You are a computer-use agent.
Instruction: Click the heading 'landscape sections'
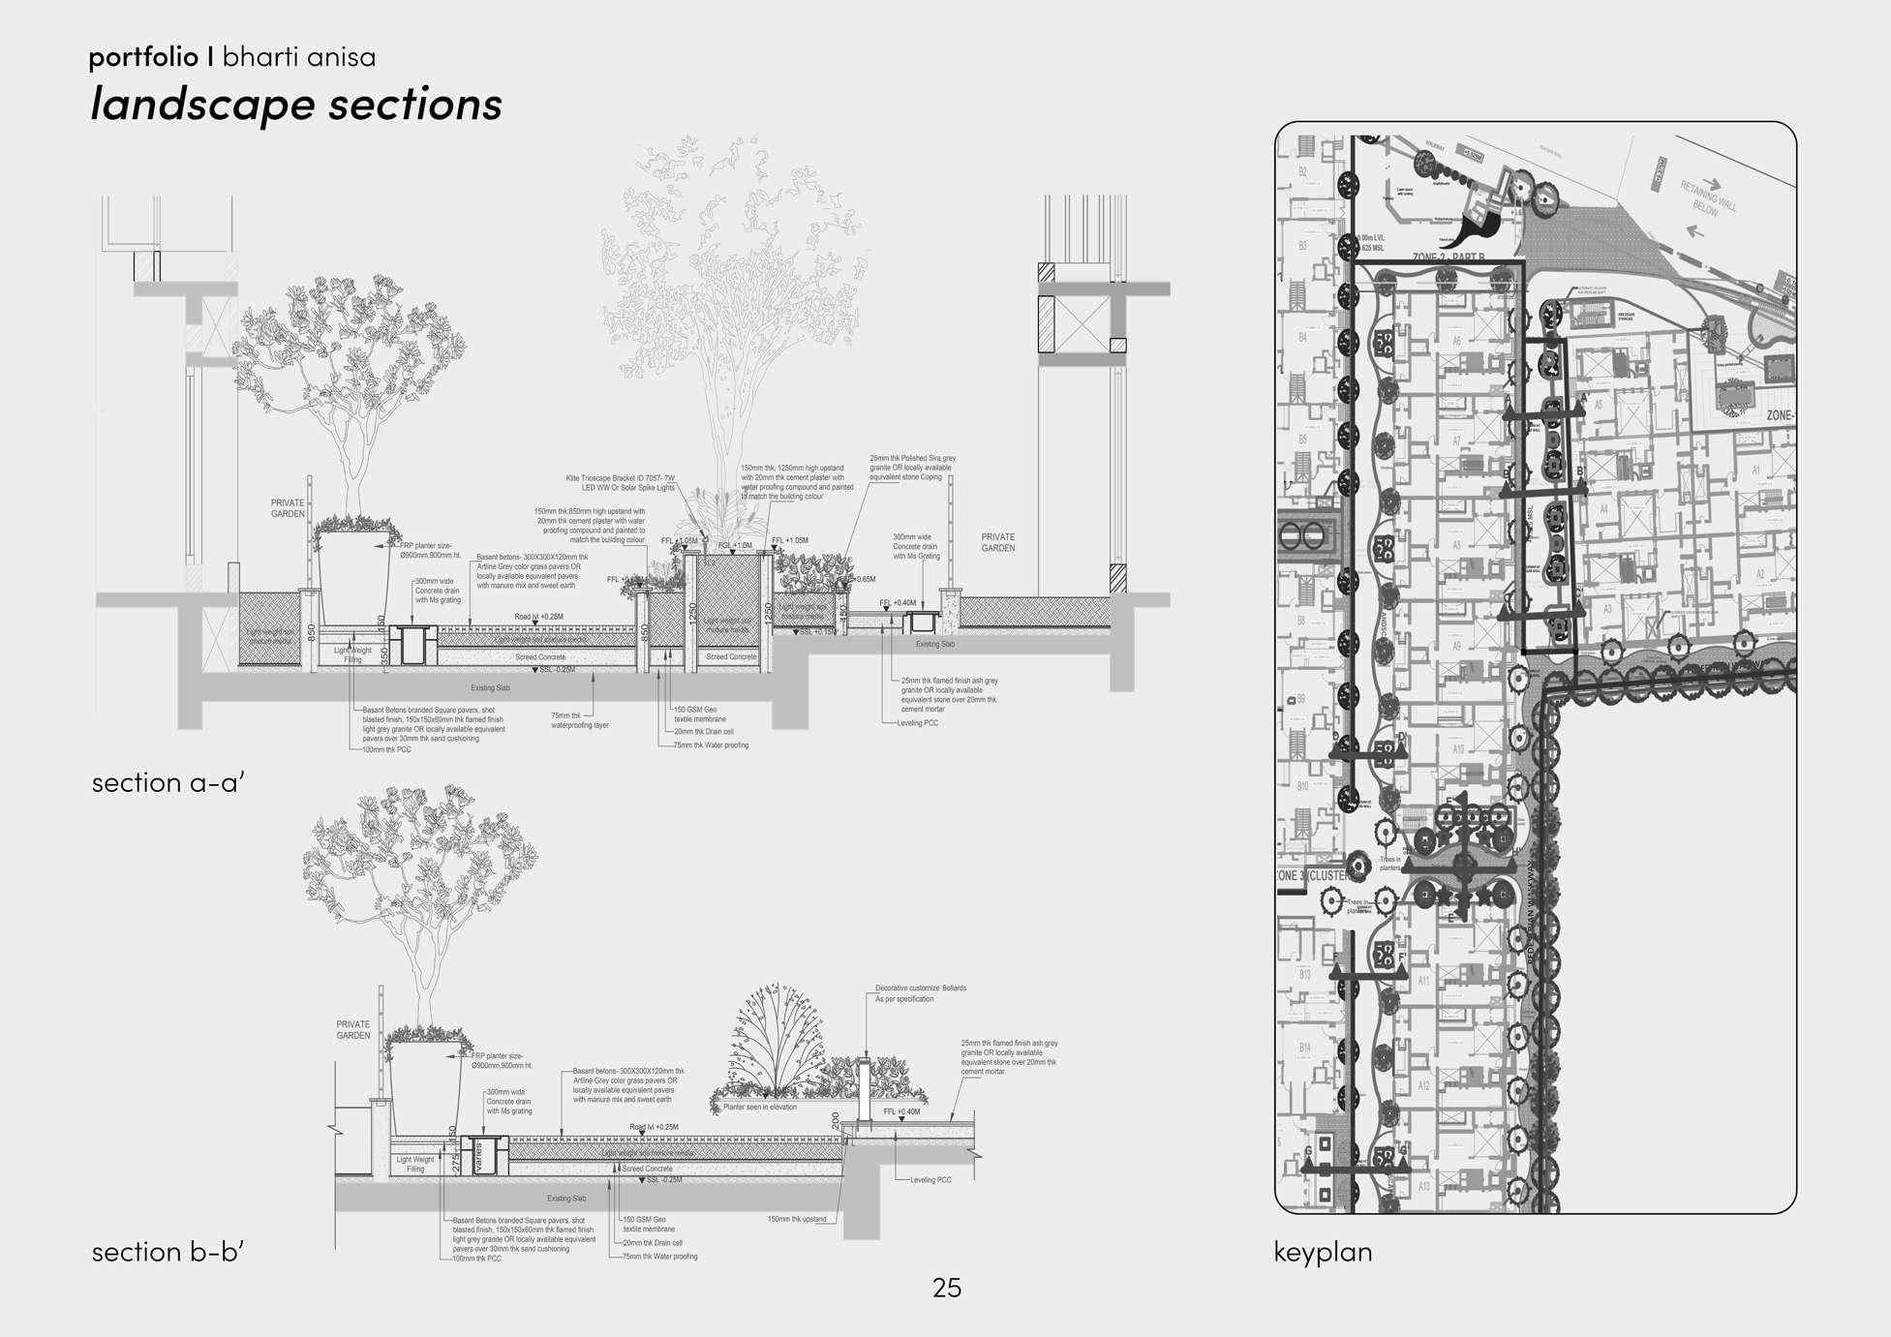coord(295,104)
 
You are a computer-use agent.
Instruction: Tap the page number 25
coord(946,1287)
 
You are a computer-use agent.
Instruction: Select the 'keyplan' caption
coord(1323,1252)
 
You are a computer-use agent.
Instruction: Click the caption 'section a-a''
coord(167,782)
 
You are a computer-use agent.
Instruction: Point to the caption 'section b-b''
coord(168,1252)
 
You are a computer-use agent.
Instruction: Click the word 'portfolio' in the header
coord(143,57)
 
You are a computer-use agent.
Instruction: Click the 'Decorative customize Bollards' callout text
coord(920,988)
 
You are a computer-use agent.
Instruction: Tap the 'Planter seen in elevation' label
coord(760,1107)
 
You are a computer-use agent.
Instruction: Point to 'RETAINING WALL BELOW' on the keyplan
coord(1707,198)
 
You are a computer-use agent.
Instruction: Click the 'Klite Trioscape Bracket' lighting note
coord(620,478)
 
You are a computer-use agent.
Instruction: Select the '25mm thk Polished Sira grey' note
coord(912,458)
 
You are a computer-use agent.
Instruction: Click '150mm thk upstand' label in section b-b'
coord(796,1219)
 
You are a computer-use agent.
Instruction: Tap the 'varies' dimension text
coord(477,1158)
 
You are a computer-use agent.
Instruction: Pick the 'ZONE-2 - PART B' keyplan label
coord(1449,258)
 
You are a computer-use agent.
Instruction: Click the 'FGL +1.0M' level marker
coord(735,545)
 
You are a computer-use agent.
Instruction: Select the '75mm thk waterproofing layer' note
coord(579,720)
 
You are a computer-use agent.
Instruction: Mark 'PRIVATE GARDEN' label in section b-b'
coord(353,1029)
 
